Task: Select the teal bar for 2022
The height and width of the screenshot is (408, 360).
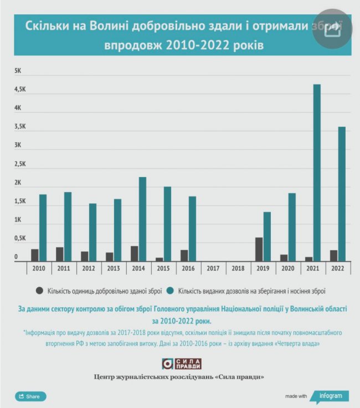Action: [x=342, y=194]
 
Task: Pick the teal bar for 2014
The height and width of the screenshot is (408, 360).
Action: [x=142, y=219]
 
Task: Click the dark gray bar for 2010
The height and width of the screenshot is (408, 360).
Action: [x=35, y=255]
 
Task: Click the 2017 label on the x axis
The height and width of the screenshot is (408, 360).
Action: [x=213, y=268]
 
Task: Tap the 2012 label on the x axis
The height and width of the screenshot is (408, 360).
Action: [x=89, y=268]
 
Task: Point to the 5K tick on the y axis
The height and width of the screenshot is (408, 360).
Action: [x=18, y=71]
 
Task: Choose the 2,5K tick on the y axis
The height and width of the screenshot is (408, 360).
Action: [x=20, y=164]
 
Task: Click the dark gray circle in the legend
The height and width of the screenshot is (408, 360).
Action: [x=39, y=290]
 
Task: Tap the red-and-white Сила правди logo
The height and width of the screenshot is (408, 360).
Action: [x=181, y=364]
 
